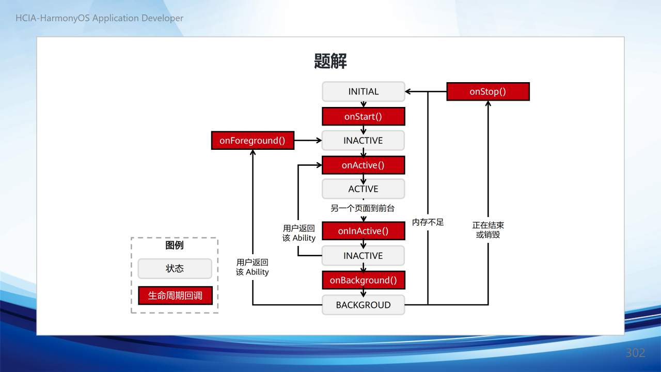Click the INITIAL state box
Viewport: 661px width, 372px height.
tap(363, 91)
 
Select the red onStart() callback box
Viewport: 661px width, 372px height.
tap(363, 116)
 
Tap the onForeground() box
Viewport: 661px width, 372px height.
tap(253, 141)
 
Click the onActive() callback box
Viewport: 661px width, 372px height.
tap(363, 165)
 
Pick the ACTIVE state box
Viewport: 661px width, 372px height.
tap(363, 189)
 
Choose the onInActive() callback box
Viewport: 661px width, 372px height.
tap(363, 231)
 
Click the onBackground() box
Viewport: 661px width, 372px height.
tap(363, 280)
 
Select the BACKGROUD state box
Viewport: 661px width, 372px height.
tap(363, 305)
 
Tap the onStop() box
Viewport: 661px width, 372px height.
tap(488, 91)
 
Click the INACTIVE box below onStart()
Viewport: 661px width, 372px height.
tap(363, 140)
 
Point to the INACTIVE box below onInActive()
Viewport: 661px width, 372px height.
tap(363, 255)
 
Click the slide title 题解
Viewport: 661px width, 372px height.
tap(330, 61)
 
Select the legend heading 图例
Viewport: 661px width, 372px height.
tap(175, 245)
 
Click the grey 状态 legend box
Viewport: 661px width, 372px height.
tap(175, 268)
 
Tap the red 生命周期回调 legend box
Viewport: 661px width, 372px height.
tap(175, 295)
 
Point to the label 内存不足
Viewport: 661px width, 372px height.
tap(428, 222)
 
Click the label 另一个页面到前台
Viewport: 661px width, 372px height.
tap(363, 208)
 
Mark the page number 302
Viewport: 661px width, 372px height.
tap(635, 353)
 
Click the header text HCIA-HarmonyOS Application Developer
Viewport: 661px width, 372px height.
tap(100, 18)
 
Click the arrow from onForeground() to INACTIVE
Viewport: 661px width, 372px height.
tap(308, 141)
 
